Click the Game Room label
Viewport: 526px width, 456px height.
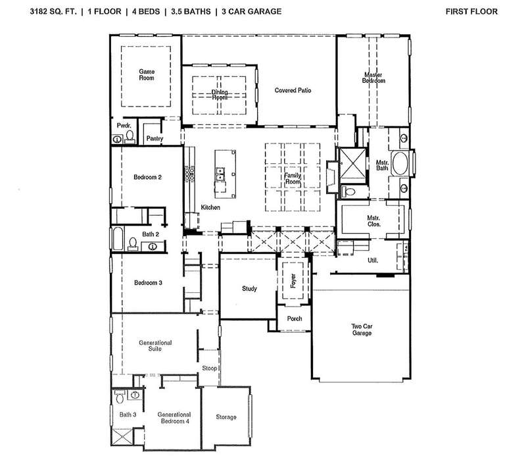pos(147,74)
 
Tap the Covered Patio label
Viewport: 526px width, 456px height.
pos(293,90)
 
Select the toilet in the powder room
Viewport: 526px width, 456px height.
pos(130,137)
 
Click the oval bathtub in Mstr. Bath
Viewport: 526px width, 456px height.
pos(400,164)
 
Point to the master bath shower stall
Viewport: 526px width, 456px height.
pos(352,165)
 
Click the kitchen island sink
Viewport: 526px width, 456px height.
pos(220,174)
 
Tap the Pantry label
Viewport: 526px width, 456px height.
pos(155,138)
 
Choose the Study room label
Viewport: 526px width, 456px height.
pos(249,288)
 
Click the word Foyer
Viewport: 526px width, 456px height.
pos(293,281)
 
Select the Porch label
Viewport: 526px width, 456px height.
pos(295,318)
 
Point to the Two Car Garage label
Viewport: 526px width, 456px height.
pos(362,330)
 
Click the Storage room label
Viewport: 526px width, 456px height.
pos(226,417)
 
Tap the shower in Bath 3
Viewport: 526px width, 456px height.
pos(122,438)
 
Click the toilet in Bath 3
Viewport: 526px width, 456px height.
pos(120,397)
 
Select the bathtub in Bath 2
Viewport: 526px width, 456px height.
pos(118,239)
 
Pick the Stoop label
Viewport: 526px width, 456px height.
pos(209,368)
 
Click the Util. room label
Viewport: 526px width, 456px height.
pos(373,260)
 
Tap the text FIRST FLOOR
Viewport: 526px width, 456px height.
pos(471,11)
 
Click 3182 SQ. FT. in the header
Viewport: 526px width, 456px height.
pos(53,11)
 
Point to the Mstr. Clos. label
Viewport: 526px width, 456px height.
pos(373,221)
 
